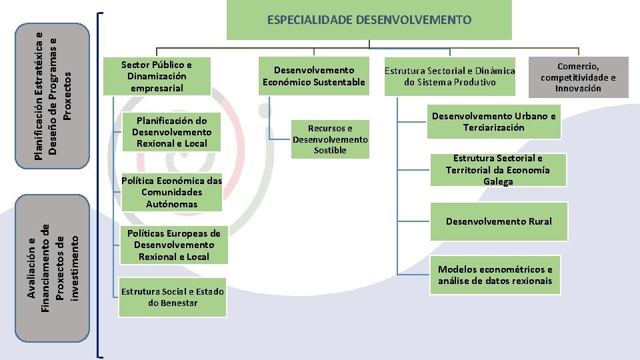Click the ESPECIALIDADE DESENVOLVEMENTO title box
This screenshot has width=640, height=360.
click(x=369, y=20)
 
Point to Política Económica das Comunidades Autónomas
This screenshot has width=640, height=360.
click(x=171, y=192)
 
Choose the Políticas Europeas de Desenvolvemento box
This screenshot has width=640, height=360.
click(x=173, y=245)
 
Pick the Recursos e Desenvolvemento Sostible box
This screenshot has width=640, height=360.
click(x=330, y=139)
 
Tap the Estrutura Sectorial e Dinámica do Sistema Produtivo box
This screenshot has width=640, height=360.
click(x=450, y=76)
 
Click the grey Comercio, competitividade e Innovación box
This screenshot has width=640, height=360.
click(x=578, y=77)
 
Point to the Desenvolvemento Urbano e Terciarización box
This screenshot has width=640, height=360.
click(x=493, y=121)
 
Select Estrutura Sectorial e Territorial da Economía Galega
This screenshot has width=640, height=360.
click(x=498, y=169)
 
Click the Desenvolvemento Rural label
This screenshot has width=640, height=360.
click(x=499, y=221)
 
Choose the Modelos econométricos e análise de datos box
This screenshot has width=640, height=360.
click(x=495, y=275)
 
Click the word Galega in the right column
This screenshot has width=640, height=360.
click(x=499, y=181)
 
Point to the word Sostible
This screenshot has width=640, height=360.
click(x=331, y=151)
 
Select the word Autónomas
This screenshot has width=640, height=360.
click(x=172, y=204)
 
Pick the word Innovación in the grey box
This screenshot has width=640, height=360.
click(x=578, y=88)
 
